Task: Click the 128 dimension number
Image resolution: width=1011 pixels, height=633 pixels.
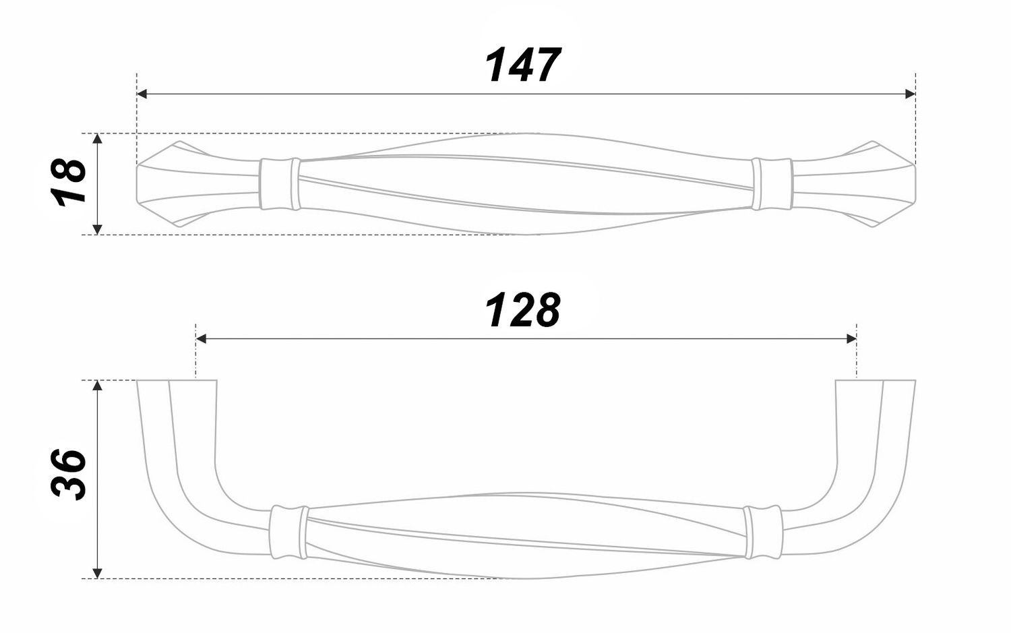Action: (x=522, y=310)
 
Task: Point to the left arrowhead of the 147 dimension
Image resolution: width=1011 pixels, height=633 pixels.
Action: (x=142, y=94)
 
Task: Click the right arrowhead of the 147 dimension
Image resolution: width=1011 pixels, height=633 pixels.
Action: (x=911, y=94)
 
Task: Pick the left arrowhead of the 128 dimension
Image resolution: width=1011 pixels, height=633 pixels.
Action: (x=202, y=338)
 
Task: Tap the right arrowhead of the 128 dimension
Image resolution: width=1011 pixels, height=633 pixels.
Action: (x=851, y=338)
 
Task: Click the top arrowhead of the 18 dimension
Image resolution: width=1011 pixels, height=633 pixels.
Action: (x=97, y=139)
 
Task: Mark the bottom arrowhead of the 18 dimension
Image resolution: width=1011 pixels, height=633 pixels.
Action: (x=97, y=229)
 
